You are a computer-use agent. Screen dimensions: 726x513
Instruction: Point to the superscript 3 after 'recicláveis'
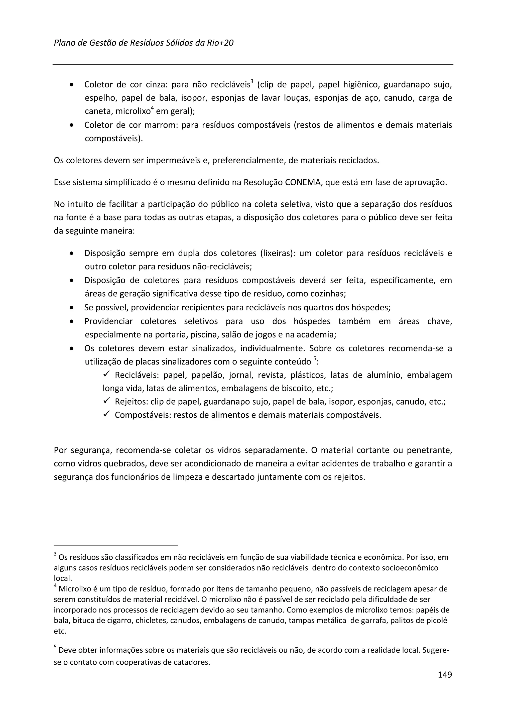click(x=252, y=82)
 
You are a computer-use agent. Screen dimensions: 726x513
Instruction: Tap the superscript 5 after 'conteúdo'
click(x=315, y=358)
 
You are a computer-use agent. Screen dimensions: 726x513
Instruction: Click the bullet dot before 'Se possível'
click(x=72, y=307)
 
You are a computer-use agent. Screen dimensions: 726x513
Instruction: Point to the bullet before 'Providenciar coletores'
click(x=72, y=321)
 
